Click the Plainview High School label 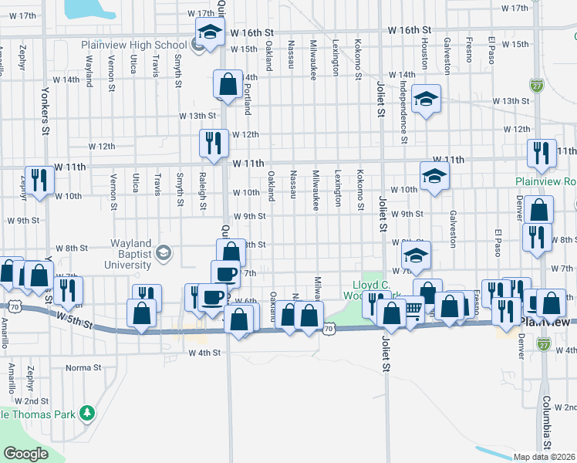(x=135, y=44)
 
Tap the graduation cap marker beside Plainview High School (x=208, y=33)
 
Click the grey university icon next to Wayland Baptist (x=163, y=252)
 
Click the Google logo (x=25, y=453)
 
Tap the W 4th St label (x=204, y=353)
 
